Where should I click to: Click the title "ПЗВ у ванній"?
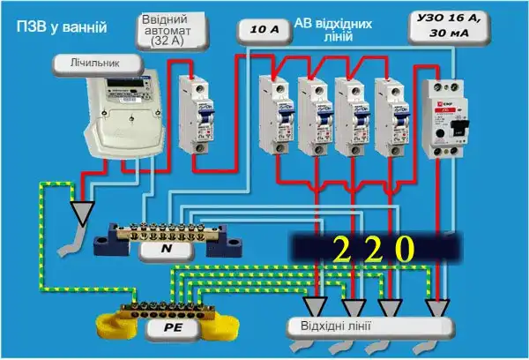coord(62,27)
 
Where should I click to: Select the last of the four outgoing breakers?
coord(388,115)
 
